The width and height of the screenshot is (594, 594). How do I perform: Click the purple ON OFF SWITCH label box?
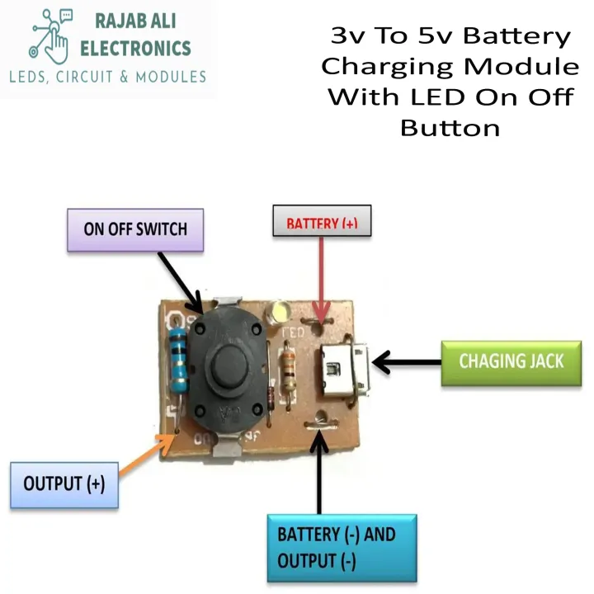pos(135,229)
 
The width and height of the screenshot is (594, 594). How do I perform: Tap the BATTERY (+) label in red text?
pos(322,221)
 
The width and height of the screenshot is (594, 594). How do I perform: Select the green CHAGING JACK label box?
pos(511,361)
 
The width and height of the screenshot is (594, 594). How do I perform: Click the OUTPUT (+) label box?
pos(64,484)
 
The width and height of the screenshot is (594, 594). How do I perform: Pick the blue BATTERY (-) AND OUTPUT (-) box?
pos(342,547)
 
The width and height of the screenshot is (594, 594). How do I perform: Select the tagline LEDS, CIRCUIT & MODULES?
pos(107,77)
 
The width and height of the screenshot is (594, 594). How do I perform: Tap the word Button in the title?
pos(450,128)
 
